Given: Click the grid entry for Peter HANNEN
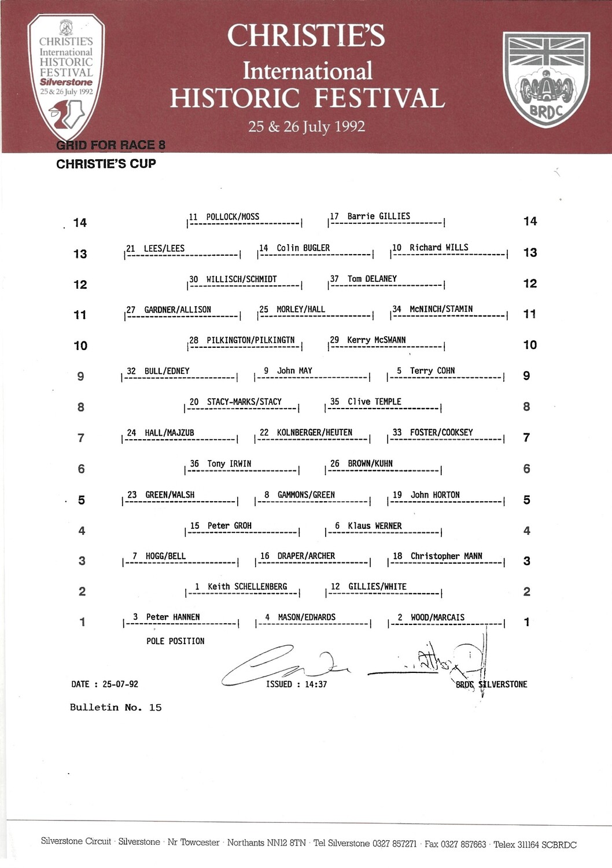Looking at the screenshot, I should tap(172, 617).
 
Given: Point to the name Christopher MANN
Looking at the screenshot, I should tap(446, 556).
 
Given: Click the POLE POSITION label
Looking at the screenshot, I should tap(175, 641).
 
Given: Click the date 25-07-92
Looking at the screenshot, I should tap(120, 684).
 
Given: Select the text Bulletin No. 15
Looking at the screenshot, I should tap(116, 707).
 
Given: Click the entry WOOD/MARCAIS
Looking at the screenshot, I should tap(437, 617).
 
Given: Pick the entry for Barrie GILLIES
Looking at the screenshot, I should tap(378, 216).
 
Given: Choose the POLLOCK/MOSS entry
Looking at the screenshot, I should tap(233, 217).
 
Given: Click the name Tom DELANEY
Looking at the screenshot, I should tap(372, 279).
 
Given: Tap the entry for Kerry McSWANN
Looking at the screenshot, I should tap(376, 340).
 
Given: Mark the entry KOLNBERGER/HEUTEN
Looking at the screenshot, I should tap(314, 433).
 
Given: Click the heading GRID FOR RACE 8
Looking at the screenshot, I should tap(110, 145).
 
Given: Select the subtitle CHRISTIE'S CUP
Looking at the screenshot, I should tap(106, 164).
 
